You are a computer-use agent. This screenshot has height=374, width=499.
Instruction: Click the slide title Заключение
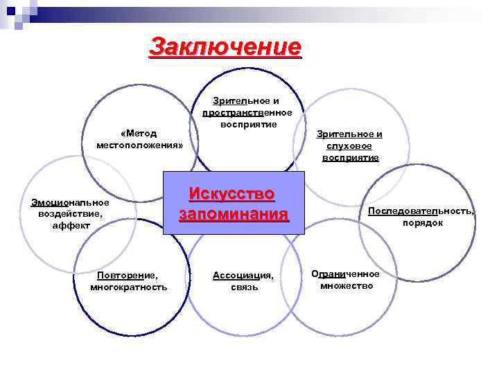[x=225, y=47]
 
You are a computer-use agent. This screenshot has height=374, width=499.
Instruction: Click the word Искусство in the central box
[x=231, y=193]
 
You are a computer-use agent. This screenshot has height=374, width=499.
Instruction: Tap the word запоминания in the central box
[x=232, y=213]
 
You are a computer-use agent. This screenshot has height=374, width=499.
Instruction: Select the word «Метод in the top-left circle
[x=139, y=133]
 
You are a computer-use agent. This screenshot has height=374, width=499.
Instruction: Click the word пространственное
[x=247, y=113]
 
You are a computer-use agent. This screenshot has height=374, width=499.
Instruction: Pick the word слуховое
[x=349, y=145]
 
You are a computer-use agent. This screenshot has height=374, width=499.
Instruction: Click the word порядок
[x=423, y=223]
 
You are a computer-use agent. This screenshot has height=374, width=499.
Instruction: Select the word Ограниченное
[x=346, y=274]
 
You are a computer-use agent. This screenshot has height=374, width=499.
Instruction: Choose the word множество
[x=347, y=285]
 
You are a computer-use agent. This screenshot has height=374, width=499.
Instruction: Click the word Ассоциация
[x=243, y=275]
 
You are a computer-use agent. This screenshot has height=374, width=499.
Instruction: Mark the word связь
[x=244, y=287]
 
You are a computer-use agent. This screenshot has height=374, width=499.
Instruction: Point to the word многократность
[x=128, y=287]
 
